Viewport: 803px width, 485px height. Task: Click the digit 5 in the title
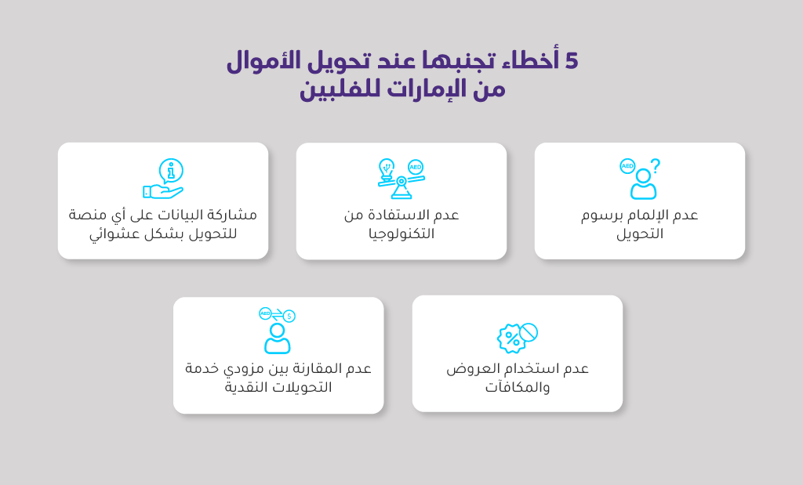click(x=572, y=61)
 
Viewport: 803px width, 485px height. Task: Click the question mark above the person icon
click(x=655, y=166)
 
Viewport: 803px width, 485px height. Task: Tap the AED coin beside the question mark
click(x=627, y=166)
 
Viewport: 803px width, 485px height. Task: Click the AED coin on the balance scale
click(x=416, y=168)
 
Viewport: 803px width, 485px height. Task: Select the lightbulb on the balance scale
click(x=387, y=168)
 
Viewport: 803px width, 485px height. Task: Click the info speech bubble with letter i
click(x=171, y=171)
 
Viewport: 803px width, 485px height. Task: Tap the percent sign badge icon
click(x=511, y=338)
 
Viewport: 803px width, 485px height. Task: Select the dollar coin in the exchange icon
click(x=289, y=317)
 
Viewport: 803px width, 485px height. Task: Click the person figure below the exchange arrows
click(x=277, y=338)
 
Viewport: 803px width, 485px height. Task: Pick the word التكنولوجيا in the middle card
click(x=401, y=233)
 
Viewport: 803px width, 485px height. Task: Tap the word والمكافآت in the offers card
click(x=518, y=387)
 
